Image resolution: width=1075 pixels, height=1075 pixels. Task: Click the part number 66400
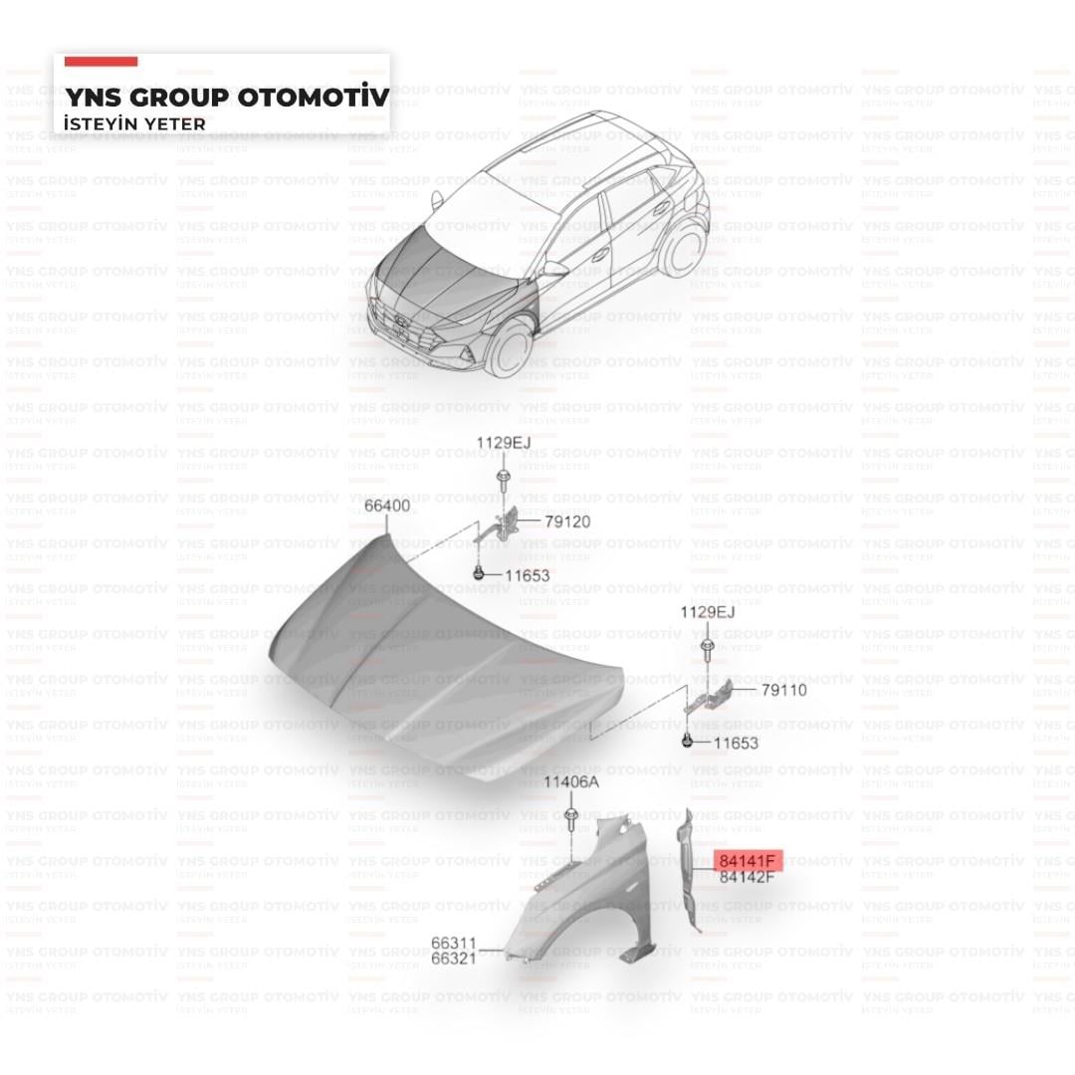click(387, 506)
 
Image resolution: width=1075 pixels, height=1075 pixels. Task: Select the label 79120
click(567, 523)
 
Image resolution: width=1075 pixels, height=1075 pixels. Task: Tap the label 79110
click(784, 691)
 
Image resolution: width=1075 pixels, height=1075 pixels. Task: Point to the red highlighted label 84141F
click(747, 861)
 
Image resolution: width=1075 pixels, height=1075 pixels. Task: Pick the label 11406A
click(571, 782)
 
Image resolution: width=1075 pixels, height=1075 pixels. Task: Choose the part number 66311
click(453, 944)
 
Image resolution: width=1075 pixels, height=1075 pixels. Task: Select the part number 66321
click(453, 959)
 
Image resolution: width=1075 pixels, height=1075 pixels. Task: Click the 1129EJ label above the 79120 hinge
click(504, 443)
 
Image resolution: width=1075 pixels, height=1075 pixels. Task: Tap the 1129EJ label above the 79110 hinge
click(708, 612)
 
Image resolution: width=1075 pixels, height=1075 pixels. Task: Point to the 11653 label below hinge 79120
click(528, 576)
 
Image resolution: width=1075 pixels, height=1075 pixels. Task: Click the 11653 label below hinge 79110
click(736, 744)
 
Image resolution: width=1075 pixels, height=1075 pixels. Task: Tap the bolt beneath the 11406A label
click(571, 819)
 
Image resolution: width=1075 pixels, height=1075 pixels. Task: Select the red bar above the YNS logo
click(101, 62)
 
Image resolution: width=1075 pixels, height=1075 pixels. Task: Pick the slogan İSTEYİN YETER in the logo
click(134, 124)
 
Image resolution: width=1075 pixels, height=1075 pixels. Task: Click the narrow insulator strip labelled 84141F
click(687, 871)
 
